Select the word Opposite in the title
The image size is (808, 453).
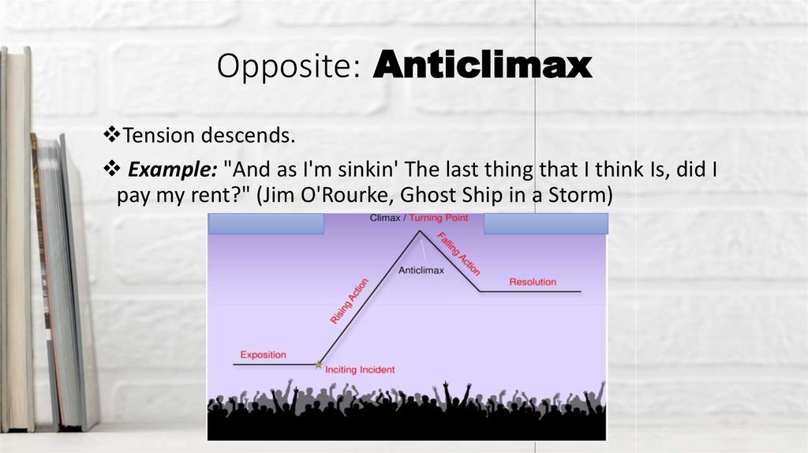[285, 68]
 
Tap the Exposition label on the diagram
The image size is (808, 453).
[263, 354]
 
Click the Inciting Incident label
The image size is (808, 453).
[360, 369]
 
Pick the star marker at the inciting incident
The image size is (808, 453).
[318, 365]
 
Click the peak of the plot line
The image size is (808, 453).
[420, 231]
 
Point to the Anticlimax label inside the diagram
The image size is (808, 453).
[421, 271]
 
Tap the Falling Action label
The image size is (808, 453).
[458, 253]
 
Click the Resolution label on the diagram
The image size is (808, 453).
[533, 282]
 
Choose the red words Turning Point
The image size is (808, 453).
[440, 218]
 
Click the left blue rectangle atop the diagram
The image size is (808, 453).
[266, 223]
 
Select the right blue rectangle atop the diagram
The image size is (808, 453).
[545, 223]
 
